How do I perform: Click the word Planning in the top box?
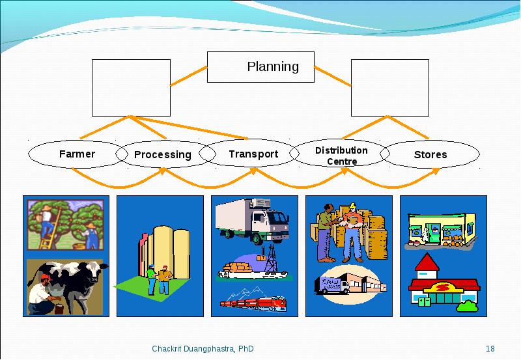(x=273, y=67)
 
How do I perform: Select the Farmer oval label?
(x=77, y=154)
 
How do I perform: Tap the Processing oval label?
(x=163, y=155)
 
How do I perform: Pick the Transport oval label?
(x=253, y=154)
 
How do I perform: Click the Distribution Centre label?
(x=341, y=156)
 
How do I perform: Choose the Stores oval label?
(x=430, y=154)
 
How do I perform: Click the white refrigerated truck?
(x=252, y=221)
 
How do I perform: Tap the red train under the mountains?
(x=253, y=303)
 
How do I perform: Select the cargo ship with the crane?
(x=253, y=265)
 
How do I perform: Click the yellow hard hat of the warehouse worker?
(x=352, y=206)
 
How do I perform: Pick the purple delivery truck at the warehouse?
(x=331, y=285)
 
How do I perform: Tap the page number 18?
(x=490, y=349)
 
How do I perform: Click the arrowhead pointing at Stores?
(x=436, y=171)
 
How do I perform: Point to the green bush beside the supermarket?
(x=468, y=306)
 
